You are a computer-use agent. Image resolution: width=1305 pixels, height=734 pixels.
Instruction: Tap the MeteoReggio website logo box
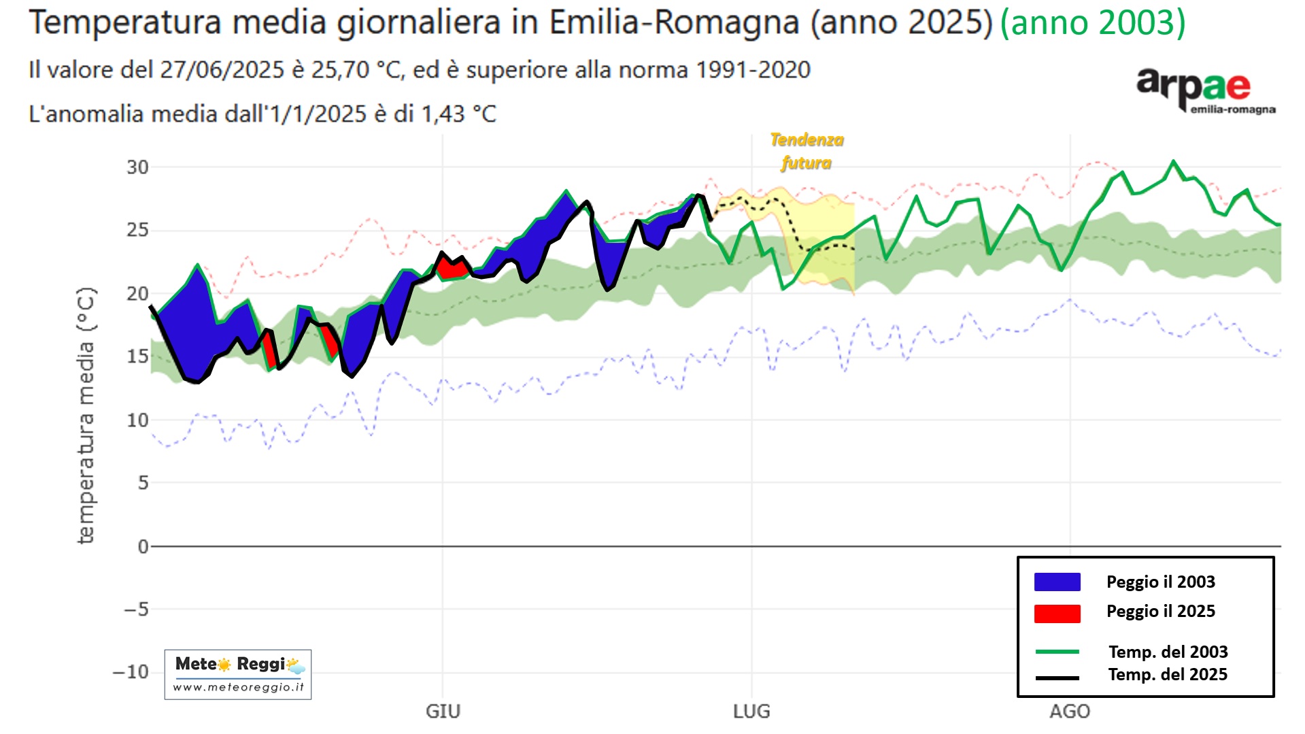[x=237, y=674]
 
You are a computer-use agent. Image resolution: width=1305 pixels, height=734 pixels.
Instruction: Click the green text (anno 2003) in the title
[x=1093, y=23]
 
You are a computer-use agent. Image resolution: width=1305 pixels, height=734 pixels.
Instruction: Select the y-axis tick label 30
[x=137, y=167]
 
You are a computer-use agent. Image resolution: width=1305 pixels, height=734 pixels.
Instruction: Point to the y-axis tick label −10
[x=131, y=672]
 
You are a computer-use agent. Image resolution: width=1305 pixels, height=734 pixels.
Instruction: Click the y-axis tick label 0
[x=143, y=546]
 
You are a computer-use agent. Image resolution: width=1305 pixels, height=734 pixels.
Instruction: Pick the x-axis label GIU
[x=443, y=712]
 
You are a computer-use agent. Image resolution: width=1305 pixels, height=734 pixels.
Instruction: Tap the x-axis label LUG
[x=751, y=712]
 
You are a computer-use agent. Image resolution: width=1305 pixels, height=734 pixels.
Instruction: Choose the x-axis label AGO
[x=1070, y=712]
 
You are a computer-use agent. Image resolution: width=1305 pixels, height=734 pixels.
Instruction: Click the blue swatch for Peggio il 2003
[x=1057, y=582]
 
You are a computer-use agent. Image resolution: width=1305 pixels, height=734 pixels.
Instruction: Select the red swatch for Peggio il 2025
[x=1057, y=613]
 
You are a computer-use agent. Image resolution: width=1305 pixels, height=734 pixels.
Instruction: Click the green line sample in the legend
[x=1057, y=652]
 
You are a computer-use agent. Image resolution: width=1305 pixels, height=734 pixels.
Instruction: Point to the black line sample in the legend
[x=1057, y=678]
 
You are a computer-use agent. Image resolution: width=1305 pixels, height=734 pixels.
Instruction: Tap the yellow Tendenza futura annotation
[x=807, y=151]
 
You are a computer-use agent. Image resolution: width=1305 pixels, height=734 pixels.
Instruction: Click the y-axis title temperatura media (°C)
[x=86, y=415]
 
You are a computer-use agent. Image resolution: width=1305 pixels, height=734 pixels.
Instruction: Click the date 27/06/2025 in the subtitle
[x=222, y=70]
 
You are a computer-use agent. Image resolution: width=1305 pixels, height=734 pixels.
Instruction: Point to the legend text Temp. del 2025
[x=1168, y=675]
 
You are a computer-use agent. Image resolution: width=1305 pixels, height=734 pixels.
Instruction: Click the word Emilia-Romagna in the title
[x=674, y=23]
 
